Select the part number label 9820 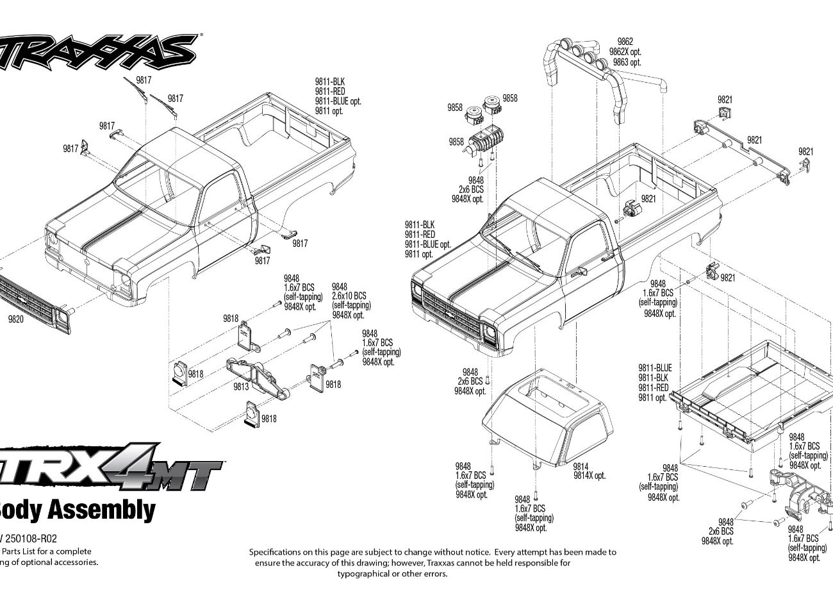(15, 319)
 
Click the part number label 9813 (241, 386)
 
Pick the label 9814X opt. (589, 475)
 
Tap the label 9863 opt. (627, 62)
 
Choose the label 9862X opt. (625, 52)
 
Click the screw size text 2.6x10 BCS (349, 296)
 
